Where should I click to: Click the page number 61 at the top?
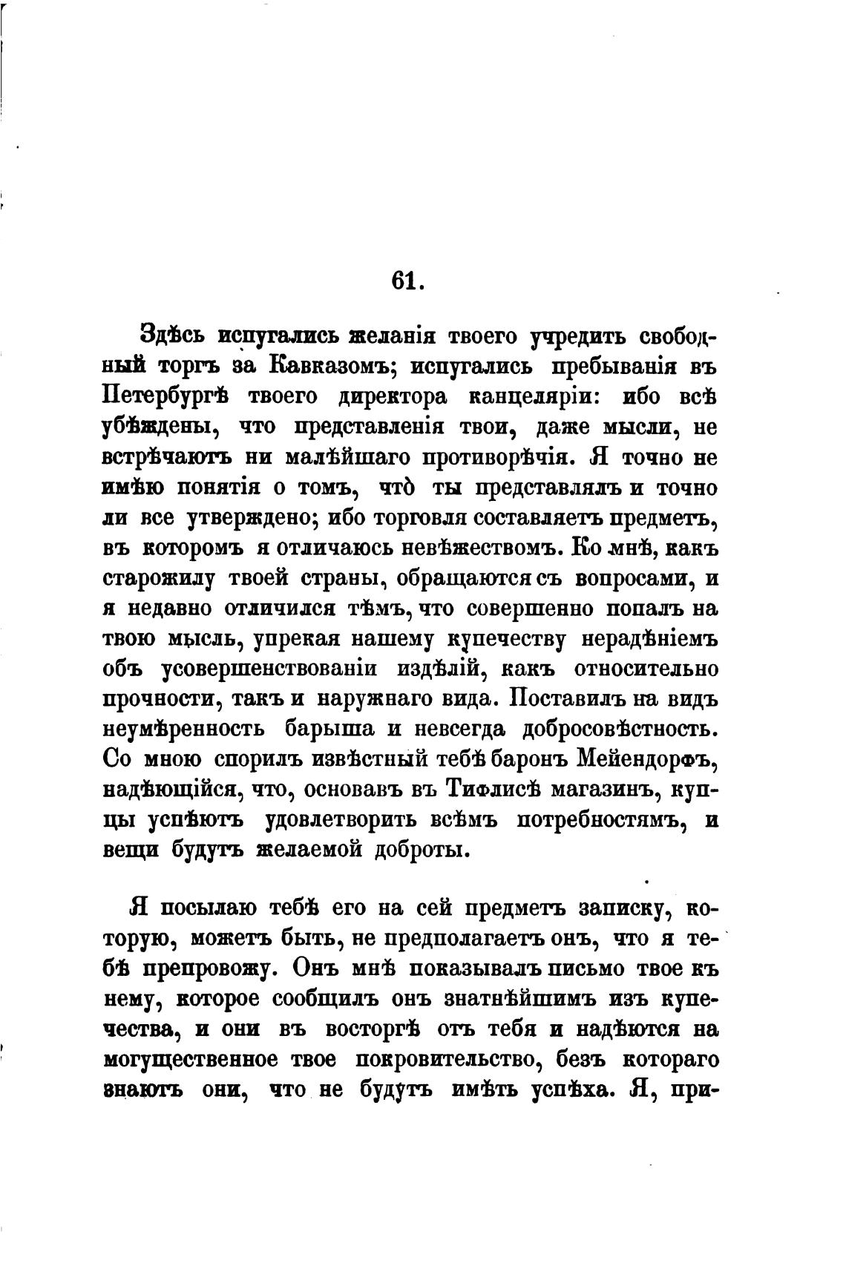(x=406, y=282)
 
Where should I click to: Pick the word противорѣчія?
(x=497, y=458)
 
